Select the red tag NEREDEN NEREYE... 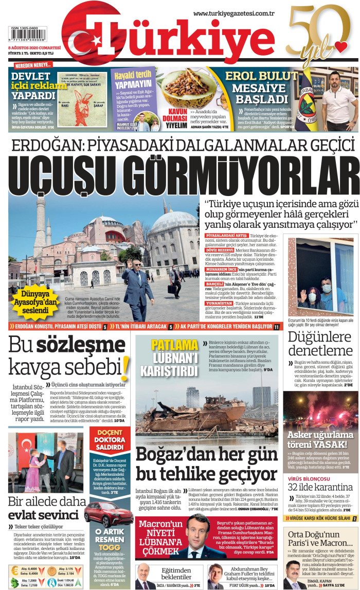(33, 65)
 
